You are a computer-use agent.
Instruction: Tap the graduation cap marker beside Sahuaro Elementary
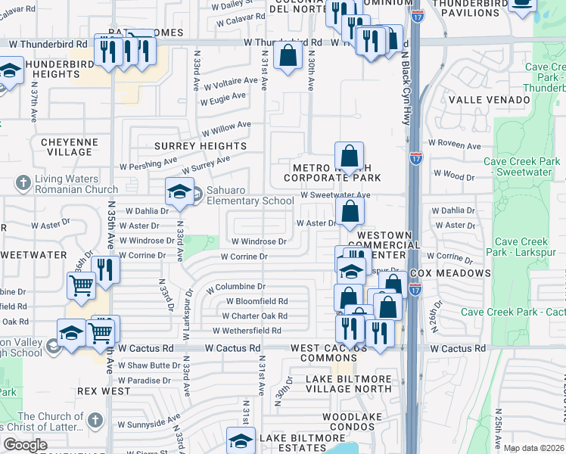180,192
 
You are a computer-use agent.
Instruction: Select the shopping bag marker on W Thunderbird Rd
288,55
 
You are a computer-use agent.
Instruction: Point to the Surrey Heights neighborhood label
201,145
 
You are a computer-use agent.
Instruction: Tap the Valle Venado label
489,100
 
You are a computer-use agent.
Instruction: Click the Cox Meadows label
449,272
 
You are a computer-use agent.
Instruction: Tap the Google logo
25,445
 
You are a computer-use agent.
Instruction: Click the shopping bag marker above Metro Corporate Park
349,157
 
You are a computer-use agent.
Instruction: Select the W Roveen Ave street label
454,145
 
